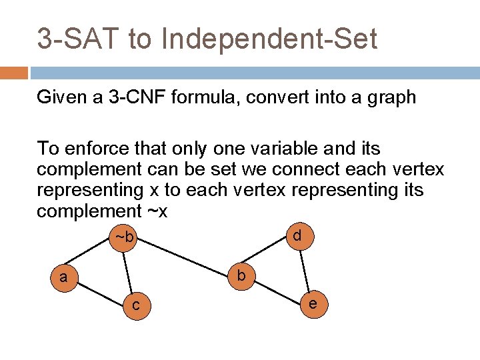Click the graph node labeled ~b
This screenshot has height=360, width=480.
[125, 237]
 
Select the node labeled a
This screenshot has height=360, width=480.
[63, 277]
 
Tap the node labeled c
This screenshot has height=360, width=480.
[136, 305]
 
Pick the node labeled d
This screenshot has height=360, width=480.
[297, 235]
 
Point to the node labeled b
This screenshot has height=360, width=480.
[241, 275]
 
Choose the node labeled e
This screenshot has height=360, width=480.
[312, 303]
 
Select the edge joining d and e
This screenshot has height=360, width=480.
[305, 269]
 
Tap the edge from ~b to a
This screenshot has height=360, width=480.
[93, 257]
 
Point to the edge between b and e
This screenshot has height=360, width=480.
[277, 289]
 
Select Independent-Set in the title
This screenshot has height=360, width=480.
[269, 39]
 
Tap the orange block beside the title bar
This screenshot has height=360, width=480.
[13, 73]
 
